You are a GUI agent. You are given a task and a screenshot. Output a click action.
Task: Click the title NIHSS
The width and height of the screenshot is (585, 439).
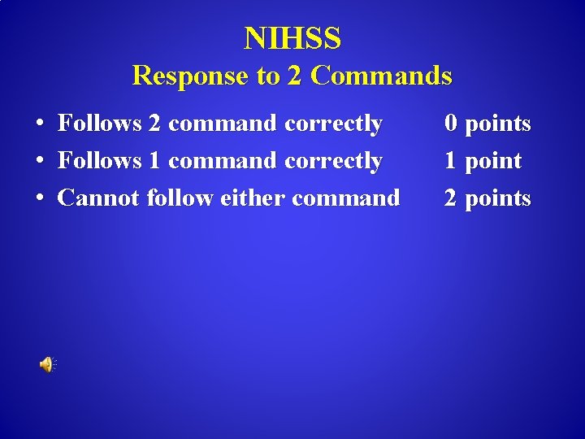pyautogui.click(x=292, y=38)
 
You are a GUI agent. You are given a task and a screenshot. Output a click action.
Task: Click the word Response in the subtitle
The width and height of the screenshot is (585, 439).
pyautogui.click(x=190, y=76)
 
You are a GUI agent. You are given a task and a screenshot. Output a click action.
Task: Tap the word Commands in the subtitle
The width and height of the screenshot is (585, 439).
pyautogui.click(x=381, y=76)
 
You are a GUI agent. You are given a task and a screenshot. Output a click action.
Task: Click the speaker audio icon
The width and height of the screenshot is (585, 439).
pyautogui.click(x=47, y=365)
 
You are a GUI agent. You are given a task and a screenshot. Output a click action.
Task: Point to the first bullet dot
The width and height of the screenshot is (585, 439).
pyautogui.click(x=39, y=124)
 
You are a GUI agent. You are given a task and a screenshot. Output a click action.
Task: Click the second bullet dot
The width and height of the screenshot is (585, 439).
pyautogui.click(x=39, y=162)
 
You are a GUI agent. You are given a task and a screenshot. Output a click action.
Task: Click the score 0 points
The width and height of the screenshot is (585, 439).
pyautogui.click(x=487, y=124)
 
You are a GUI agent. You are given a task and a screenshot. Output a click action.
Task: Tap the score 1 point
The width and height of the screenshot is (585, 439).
pyautogui.click(x=482, y=161)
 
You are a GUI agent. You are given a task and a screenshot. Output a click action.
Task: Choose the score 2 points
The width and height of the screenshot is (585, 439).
pyautogui.click(x=487, y=198)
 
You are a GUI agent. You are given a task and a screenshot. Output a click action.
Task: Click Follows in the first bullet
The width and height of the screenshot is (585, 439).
pyautogui.click(x=100, y=124)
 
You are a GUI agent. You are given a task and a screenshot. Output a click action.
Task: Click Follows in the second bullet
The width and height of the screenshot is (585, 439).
pyautogui.click(x=100, y=161)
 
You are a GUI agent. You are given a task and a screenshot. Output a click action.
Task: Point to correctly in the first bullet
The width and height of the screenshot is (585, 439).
pyautogui.click(x=333, y=124)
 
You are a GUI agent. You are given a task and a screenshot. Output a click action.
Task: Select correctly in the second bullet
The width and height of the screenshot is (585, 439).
pyautogui.click(x=333, y=162)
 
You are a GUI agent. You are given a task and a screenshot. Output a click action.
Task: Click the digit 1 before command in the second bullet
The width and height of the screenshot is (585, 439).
pyautogui.click(x=154, y=161)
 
